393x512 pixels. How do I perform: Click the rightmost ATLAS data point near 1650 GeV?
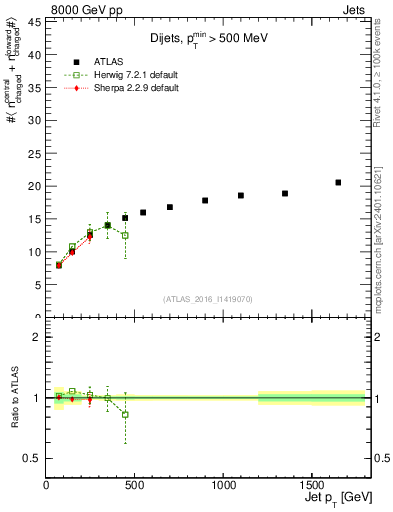pos(338,182)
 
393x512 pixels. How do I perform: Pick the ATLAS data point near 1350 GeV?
pos(285,193)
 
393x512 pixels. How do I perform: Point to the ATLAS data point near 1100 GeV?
pos(241,195)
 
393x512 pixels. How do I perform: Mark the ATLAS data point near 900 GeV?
pos(205,200)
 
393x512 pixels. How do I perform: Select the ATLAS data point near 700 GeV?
pos(170,207)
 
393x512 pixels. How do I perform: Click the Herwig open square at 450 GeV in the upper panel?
pos(125,235)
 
